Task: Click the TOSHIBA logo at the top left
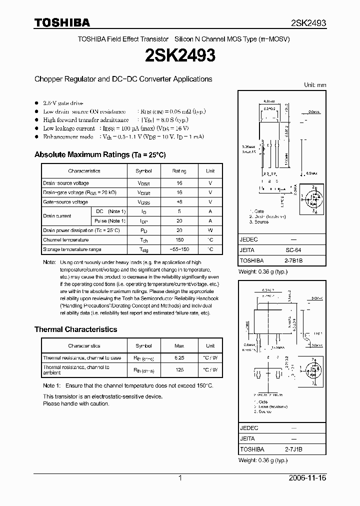61,22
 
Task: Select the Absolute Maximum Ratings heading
100,154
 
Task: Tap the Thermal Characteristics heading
75,329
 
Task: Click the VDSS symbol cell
143,183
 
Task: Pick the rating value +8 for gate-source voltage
179,202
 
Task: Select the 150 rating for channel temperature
179,240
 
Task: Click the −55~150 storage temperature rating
179,249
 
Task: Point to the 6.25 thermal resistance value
179,358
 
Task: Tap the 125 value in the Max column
179,370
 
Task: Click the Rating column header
179,171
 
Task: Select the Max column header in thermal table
179,345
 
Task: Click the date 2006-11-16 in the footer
307,478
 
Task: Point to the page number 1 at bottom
180,478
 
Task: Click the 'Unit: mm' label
315,85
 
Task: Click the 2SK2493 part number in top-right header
308,23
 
